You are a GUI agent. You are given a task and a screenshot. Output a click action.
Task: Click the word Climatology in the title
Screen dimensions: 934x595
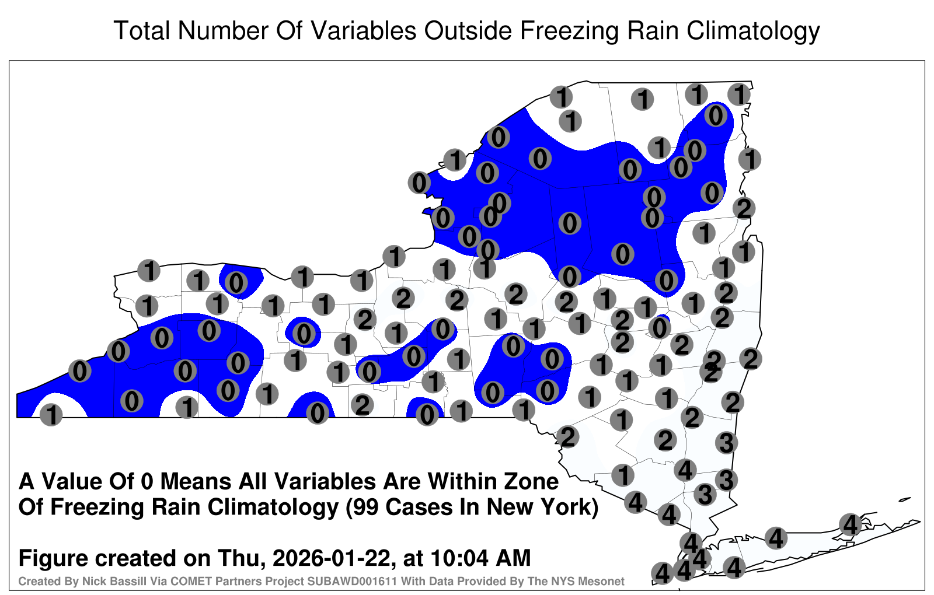tap(754, 32)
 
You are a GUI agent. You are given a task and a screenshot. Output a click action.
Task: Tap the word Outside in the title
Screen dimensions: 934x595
tap(468, 30)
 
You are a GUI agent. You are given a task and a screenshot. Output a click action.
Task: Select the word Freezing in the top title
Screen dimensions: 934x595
tap(569, 32)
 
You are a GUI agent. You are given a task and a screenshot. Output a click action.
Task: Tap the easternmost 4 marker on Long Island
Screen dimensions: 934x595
tap(850, 524)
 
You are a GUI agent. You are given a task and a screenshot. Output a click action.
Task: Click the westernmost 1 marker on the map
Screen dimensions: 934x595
tap(51, 415)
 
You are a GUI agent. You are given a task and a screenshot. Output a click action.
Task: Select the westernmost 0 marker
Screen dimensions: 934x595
tap(79, 370)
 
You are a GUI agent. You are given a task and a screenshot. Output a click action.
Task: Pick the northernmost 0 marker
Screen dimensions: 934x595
tap(716, 116)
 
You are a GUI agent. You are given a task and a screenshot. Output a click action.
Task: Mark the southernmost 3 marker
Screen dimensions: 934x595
tap(705, 494)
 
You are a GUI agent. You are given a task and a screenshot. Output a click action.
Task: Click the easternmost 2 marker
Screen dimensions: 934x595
tap(751, 359)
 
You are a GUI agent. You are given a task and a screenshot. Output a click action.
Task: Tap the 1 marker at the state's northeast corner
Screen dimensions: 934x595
tap(739, 94)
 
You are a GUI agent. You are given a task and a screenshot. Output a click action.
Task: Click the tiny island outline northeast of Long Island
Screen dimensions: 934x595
tap(905, 499)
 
